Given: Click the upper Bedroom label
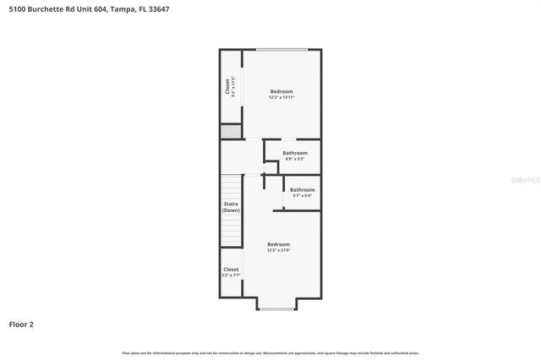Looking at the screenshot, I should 281,91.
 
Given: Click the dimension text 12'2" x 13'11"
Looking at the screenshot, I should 281,98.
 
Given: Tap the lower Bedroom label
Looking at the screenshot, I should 278,244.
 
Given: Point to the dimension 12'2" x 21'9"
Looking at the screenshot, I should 278,250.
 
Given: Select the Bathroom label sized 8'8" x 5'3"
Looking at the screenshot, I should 295,153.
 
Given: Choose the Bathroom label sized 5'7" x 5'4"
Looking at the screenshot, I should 302,189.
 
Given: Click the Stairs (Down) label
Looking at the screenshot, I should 231,207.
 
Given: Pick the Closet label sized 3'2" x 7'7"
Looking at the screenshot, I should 231,270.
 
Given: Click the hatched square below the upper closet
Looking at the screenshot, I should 230,132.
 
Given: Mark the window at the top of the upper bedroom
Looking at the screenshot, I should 282,50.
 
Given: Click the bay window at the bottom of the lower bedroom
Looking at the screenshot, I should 277,309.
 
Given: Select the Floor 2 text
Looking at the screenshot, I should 21,324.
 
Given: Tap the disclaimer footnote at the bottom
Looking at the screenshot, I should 270,352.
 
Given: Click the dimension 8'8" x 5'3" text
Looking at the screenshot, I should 295,159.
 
